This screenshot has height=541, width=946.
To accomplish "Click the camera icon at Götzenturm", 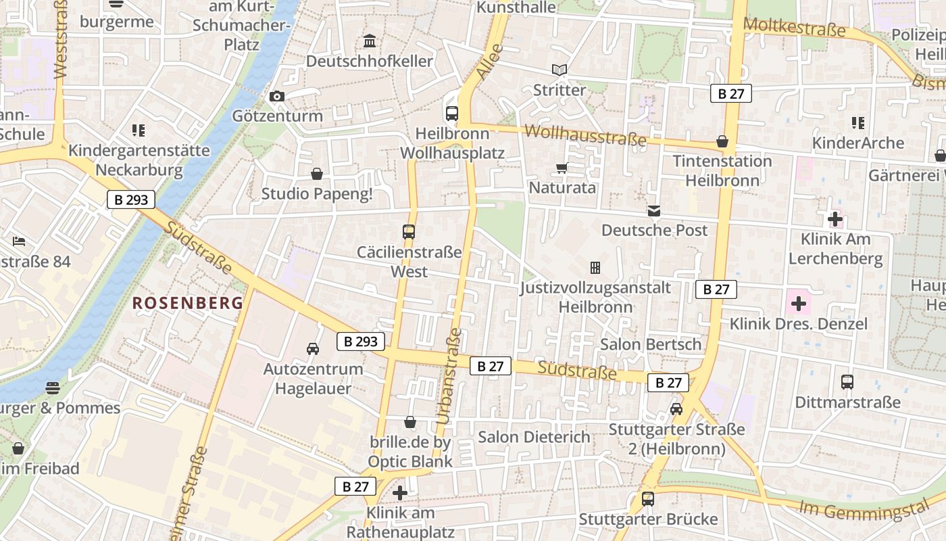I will click(x=276, y=97).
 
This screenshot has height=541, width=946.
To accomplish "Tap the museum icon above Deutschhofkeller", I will click(x=370, y=41).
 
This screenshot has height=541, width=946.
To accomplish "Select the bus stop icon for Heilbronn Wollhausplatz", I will click(x=452, y=114).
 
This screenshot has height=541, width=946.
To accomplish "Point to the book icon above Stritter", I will click(x=559, y=70).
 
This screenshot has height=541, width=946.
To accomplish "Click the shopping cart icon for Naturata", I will click(x=562, y=168).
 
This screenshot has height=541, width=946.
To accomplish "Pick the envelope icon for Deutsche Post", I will click(x=653, y=211).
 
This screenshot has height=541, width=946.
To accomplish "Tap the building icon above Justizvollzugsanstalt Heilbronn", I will click(x=595, y=268).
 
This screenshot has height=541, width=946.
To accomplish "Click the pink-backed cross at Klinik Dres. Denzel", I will click(x=799, y=304).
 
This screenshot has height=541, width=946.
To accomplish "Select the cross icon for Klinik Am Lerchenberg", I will click(x=835, y=219).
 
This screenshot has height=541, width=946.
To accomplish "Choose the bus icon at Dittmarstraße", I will click(x=847, y=382).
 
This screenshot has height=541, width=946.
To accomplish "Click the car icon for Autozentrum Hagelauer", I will click(x=312, y=349).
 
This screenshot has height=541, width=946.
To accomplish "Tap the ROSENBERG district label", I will click(x=187, y=303).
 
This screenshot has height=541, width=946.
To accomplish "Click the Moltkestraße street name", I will click(x=794, y=28).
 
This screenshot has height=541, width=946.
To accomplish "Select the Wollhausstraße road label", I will click(x=585, y=135).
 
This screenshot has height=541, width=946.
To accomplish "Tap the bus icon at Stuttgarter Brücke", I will click(x=647, y=499).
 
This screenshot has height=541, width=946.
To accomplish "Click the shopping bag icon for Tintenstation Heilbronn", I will click(x=722, y=141).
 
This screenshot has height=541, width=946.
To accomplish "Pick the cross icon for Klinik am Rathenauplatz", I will click(x=400, y=493).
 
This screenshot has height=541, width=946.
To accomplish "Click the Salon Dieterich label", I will click(x=534, y=437).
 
